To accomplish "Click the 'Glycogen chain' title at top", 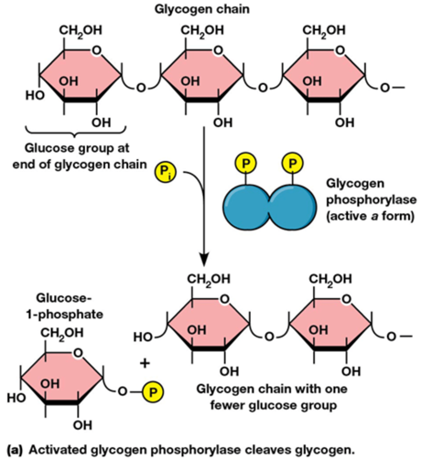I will pos(202,9).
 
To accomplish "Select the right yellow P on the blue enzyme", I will pos(293,163).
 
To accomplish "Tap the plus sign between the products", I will pos(144,363).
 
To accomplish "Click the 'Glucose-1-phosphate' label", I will pos(70,306).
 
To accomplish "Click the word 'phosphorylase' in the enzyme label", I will pos(371,200).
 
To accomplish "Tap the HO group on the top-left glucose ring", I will pos(35,95).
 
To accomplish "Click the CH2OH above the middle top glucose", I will pos(202,30).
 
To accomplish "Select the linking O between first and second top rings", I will pos(141,88).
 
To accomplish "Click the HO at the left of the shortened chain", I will pos(143,337).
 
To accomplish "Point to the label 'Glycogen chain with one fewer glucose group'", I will pos(272,397).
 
